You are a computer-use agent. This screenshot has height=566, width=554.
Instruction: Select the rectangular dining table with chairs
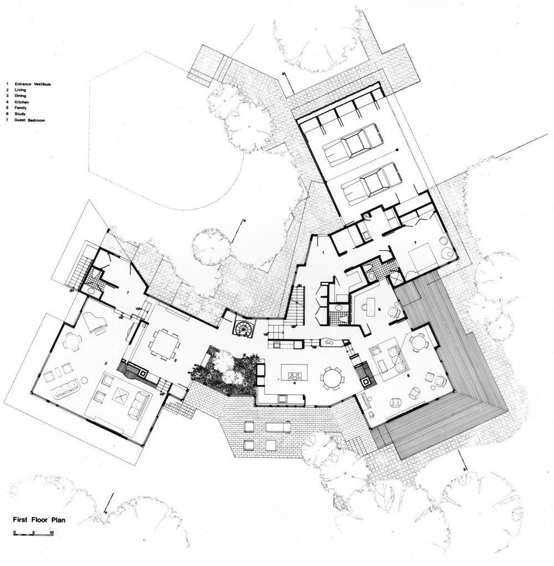tap(164, 343)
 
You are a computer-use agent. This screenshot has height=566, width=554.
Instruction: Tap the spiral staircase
tap(243, 327)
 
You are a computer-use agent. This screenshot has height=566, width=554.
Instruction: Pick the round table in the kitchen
tap(333, 378)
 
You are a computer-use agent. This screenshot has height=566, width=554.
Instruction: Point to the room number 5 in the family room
tap(409, 376)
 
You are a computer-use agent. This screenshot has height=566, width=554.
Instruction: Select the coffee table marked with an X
tap(121, 395)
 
